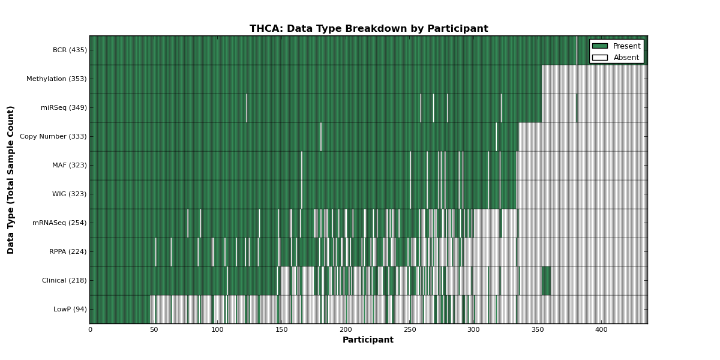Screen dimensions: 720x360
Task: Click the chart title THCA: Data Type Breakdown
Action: tap(368, 29)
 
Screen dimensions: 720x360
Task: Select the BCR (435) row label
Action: tap(70, 50)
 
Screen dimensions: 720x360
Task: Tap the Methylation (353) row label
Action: tap(56, 79)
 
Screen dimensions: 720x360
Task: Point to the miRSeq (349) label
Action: tap(64, 107)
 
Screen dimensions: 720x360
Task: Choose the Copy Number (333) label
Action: tap(53, 136)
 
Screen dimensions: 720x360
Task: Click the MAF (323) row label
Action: tap(70, 165)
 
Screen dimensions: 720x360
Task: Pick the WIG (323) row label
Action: tap(70, 194)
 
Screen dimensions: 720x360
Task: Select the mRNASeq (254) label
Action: tap(59, 223)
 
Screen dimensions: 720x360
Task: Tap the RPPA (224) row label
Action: tap(68, 251)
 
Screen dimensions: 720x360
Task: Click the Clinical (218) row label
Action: tap(64, 280)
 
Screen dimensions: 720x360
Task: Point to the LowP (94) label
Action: tap(70, 309)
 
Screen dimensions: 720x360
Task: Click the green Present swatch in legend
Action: tap(600, 46)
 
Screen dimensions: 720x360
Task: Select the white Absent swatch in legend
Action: tap(600, 58)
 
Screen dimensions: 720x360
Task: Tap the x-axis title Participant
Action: tap(368, 340)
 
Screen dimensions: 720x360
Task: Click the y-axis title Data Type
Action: tap(10, 180)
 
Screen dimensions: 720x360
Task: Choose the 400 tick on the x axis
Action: tap(601, 330)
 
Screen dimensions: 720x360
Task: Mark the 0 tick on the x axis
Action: tap(90, 330)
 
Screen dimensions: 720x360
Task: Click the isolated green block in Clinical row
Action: tap(546, 281)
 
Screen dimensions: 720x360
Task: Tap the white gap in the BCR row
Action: tap(577, 50)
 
